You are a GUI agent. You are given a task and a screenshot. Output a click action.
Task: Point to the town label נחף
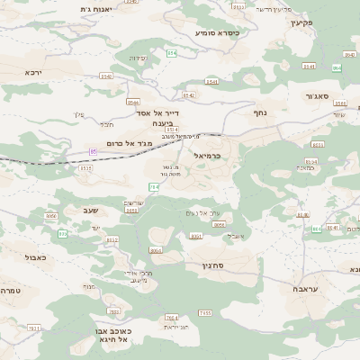click(259, 113)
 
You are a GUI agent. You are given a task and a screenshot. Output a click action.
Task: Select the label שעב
click(89, 210)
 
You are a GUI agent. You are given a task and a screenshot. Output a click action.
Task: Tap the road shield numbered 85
click(93, 152)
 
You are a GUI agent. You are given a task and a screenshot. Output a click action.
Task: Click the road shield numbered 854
click(171, 53)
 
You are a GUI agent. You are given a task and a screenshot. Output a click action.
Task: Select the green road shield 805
click(63, 233)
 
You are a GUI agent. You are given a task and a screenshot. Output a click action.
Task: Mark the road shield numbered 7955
click(204, 312)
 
